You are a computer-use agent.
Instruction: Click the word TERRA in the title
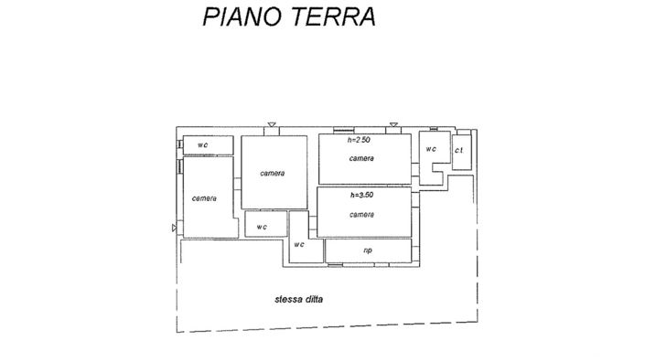click(x=332, y=16)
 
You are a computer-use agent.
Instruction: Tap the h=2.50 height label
click(x=360, y=141)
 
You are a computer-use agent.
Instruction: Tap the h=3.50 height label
click(x=361, y=195)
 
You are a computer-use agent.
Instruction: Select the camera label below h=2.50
click(x=361, y=158)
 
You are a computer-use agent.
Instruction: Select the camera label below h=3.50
click(x=361, y=214)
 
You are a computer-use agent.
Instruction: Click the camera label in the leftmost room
click(x=204, y=198)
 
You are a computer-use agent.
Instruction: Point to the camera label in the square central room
click(x=272, y=174)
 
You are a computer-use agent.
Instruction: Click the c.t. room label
click(x=459, y=149)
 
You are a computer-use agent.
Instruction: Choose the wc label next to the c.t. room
click(x=431, y=149)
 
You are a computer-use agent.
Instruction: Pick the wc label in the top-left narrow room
click(x=202, y=144)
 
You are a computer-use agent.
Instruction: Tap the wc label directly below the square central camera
click(x=262, y=226)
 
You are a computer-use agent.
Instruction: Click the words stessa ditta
click(x=299, y=298)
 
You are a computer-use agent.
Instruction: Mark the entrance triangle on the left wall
click(x=174, y=228)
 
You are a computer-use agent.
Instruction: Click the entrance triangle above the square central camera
click(x=272, y=125)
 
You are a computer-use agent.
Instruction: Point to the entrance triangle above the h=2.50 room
click(x=393, y=125)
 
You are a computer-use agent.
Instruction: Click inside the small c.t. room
click(x=461, y=157)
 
